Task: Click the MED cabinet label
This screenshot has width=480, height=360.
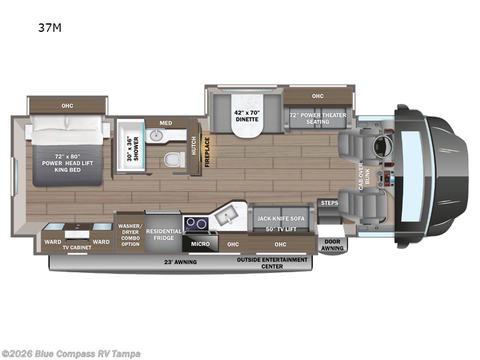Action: pos(166,123)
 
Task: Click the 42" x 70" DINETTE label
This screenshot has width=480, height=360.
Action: pos(247,116)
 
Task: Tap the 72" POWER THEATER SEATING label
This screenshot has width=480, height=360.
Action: pos(317,118)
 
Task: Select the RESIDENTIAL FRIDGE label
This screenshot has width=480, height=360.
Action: pos(164,235)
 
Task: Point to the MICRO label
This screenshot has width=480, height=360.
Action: pos(200,244)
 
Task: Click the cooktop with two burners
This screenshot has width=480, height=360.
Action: pos(195,224)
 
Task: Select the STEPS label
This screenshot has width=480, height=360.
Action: pos(329,203)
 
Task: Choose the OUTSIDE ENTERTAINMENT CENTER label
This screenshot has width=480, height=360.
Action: pos(272,263)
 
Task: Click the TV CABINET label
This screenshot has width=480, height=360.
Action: pos(76,247)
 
